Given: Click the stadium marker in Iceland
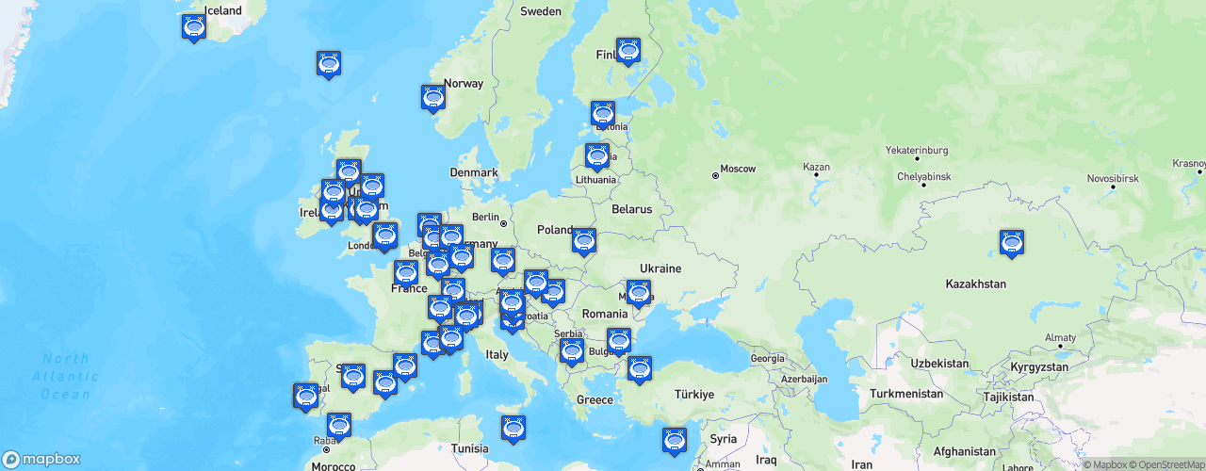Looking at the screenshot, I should (x=194, y=27).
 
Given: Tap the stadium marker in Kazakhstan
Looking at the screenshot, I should (x=1012, y=242).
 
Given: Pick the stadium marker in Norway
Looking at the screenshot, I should (x=433, y=97).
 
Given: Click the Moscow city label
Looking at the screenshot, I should (x=738, y=170).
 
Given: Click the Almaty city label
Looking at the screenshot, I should (x=1060, y=337).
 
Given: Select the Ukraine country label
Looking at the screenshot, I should (x=660, y=268).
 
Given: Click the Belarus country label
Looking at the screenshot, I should (x=631, y=209).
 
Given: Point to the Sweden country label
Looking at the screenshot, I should (x=541, y=12).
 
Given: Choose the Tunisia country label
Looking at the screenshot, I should (x=469, y=448).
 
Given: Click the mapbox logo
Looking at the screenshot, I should (x=41, y=459).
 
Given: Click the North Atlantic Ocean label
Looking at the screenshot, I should (x=66, y=377).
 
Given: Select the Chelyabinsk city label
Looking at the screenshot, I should (x=923, y=177).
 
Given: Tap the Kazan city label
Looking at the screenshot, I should (x=816, y=168).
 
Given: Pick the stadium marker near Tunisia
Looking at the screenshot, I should (x=513, y=428).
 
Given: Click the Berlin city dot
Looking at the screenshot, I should (x=504, y=224).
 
